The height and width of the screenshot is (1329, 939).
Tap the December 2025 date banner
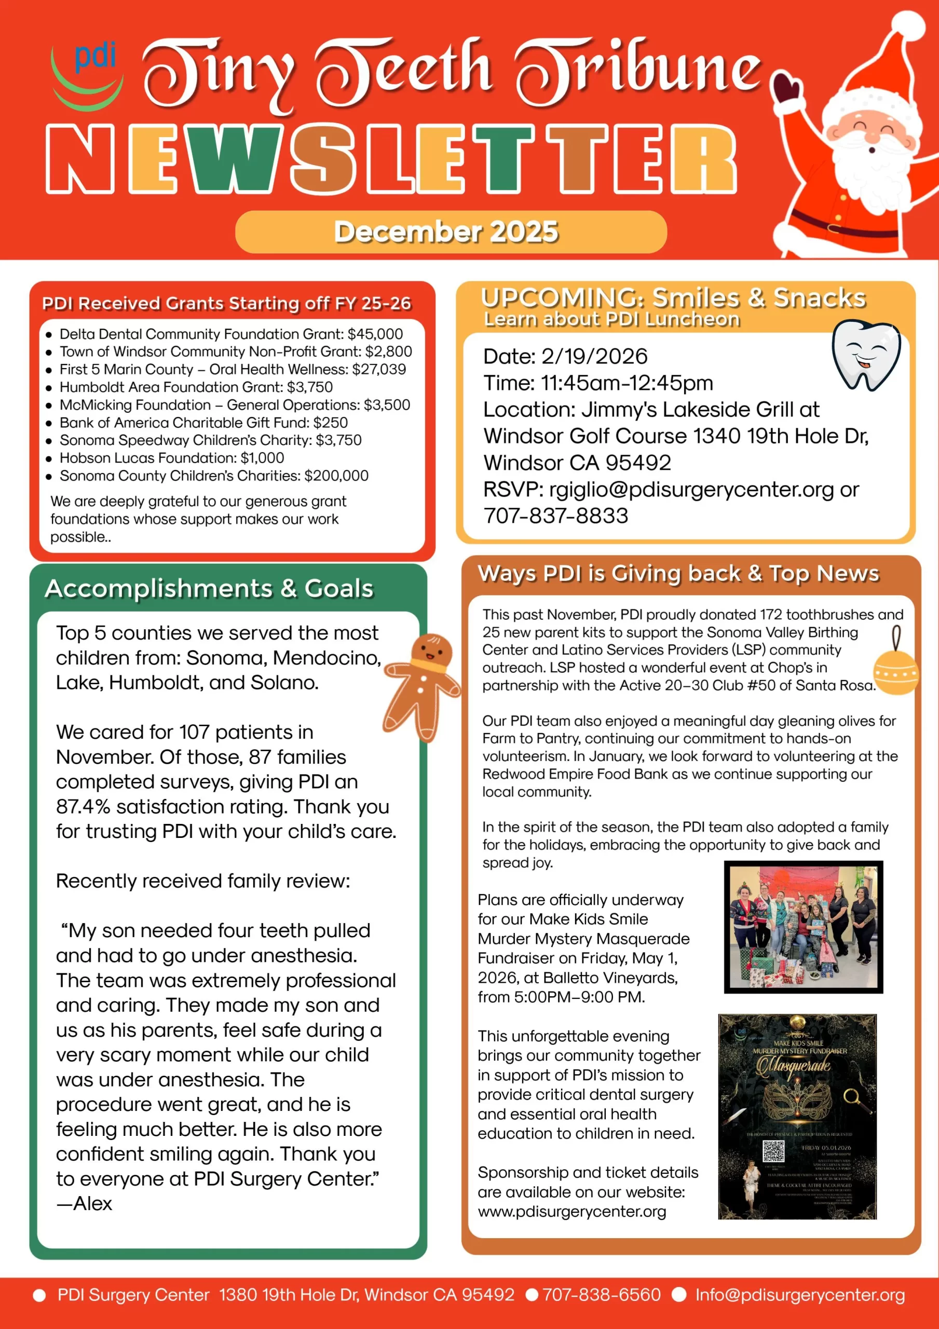pyautogui.click(x=451, y=232)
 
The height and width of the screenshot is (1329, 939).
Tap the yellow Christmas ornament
pyautogui.click(x=895, y=671)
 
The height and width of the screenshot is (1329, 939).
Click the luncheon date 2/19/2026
pyautogui.click(x=594, y=357)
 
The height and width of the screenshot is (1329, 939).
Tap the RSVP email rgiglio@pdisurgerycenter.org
pyautogui.click(x=691, y=490)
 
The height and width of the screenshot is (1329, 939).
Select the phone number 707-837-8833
pyautogui.click(x=556, y=516)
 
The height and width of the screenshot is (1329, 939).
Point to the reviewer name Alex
pyautogui.click(x=92, y=1204)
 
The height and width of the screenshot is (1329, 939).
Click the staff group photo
pyautogui.click(x=803, y=927)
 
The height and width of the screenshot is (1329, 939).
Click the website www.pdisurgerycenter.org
pyautogui.click(x=571, y=1212)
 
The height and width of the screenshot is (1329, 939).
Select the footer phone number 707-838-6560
pyautogui.click(x=601, y=1295)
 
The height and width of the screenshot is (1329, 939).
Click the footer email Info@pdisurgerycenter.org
pyautogui.click(x=799, y=1295)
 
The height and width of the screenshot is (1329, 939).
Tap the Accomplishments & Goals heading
pyautogui.click(x=209, y=589)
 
